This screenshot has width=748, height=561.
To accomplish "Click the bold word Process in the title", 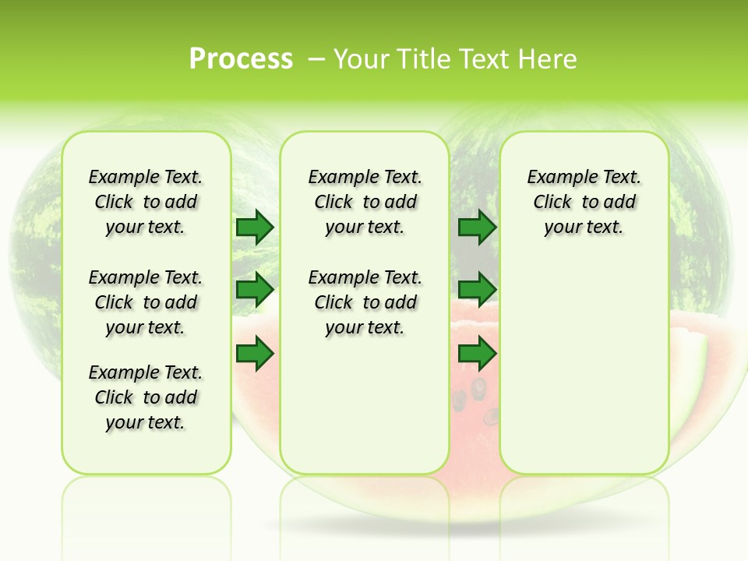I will coord(241,58).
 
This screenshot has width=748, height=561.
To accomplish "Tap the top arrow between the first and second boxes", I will coord(255,228).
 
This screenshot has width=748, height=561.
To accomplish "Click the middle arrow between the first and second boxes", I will coord(255,290).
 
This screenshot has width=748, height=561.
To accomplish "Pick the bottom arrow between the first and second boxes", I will coord(255,354).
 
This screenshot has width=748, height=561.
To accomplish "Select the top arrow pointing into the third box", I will coord(478,228).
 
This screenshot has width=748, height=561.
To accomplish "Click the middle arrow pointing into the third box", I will coord(478,290).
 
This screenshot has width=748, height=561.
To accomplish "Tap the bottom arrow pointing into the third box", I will coord(478,354).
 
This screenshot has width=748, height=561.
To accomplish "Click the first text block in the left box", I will coord(146,202).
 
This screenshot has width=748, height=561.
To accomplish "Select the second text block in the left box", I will coord(146,302).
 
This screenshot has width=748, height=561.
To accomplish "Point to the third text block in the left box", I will coord(146,397).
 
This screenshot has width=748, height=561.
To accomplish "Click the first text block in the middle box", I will coord(365,202).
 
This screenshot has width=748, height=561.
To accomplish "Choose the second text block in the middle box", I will coord(365,302).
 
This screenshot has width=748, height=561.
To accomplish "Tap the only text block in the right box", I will coord(584,202).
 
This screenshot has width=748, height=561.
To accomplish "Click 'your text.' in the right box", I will coord(584,228).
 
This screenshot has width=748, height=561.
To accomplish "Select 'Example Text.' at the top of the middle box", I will coord(365,177).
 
